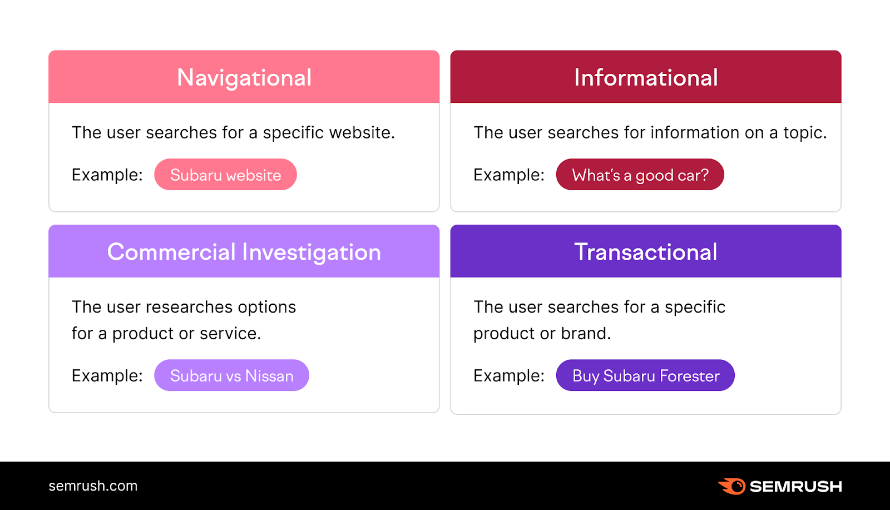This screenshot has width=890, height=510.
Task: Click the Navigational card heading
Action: (x=244, y=77)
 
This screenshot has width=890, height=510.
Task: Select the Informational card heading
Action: (x=646, y=77)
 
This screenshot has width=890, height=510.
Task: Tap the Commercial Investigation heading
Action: (x=244, y=252)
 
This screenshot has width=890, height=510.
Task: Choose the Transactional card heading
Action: (x=646, y=252)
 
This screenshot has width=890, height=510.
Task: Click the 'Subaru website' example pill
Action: (x=225, y=175)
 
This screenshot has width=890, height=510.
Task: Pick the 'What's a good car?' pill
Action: (x=640, y=175)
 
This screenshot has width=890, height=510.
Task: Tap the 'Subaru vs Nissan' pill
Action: (x=231, y=375)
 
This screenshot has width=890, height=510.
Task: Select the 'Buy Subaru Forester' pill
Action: (x=645, y=375)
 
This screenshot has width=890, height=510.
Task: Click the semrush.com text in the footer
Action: (x=93, y=486)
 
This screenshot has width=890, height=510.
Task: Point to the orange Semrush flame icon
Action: (x=733, y=486)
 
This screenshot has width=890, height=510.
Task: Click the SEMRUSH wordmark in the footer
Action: (x=795, y=487)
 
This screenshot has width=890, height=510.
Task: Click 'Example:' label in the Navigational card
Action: (x=107, y=175)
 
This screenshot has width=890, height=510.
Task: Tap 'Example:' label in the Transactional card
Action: (x=508, y=375)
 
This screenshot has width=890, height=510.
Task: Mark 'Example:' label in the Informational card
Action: (x=508, y=175)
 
